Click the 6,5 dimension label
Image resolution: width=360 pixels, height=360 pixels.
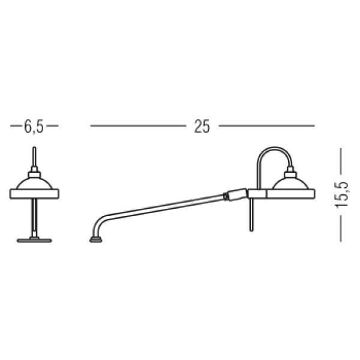point(34,127)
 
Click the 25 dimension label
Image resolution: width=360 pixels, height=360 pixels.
point(202,127)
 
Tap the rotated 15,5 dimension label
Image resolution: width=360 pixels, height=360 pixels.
point(341,195)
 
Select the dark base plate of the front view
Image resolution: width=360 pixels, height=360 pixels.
point(34,241)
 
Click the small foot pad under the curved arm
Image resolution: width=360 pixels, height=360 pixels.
point(96,240)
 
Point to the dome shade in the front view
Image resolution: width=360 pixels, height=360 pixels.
point(34,184)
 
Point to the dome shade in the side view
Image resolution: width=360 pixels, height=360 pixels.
point(290,184)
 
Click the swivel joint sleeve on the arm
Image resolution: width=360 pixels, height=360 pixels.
point(237,194)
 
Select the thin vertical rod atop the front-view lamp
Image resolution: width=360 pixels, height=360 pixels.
point(34,156)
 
